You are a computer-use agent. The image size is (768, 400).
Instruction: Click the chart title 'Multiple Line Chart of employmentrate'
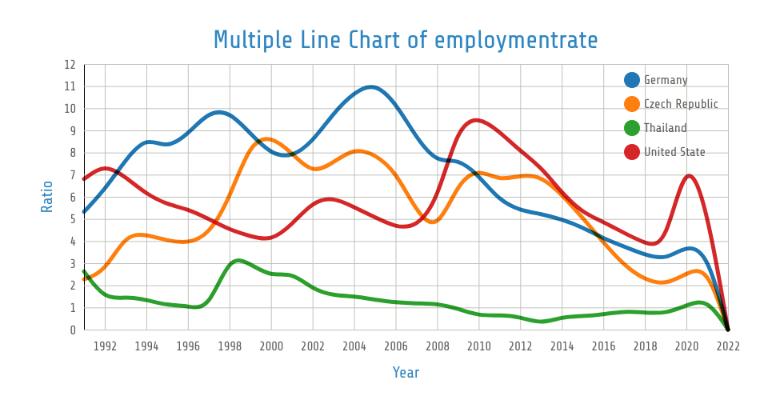(x=406, y=39)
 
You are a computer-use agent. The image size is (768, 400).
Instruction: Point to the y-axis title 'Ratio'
(x=47, y=197)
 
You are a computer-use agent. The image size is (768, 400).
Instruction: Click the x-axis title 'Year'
(x=406, y=373)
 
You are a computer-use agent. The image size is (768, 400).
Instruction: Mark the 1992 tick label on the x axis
(x=105, y=346)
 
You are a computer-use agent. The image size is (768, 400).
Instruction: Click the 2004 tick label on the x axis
(x=354, y=346)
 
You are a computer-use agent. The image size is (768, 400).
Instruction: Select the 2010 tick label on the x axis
(x=478, y=346)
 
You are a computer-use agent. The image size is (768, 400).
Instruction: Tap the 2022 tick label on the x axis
(x=727, y=346)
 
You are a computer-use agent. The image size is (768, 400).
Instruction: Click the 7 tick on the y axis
(x=72, y=175)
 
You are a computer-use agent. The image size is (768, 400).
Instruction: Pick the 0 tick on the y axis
(x=72, y=330)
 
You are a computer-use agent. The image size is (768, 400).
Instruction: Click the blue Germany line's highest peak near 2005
(x=372, y=86)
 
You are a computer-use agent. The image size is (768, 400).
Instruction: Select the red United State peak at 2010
(x=478, y=120)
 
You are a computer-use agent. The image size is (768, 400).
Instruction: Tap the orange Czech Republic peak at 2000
(x=268, y=139)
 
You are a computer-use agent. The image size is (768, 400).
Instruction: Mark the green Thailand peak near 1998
(x=238, y=260)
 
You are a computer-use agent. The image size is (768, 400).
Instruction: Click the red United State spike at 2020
(x=689, y=175)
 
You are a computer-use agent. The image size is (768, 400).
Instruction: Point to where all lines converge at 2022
(x=727, y=329)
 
